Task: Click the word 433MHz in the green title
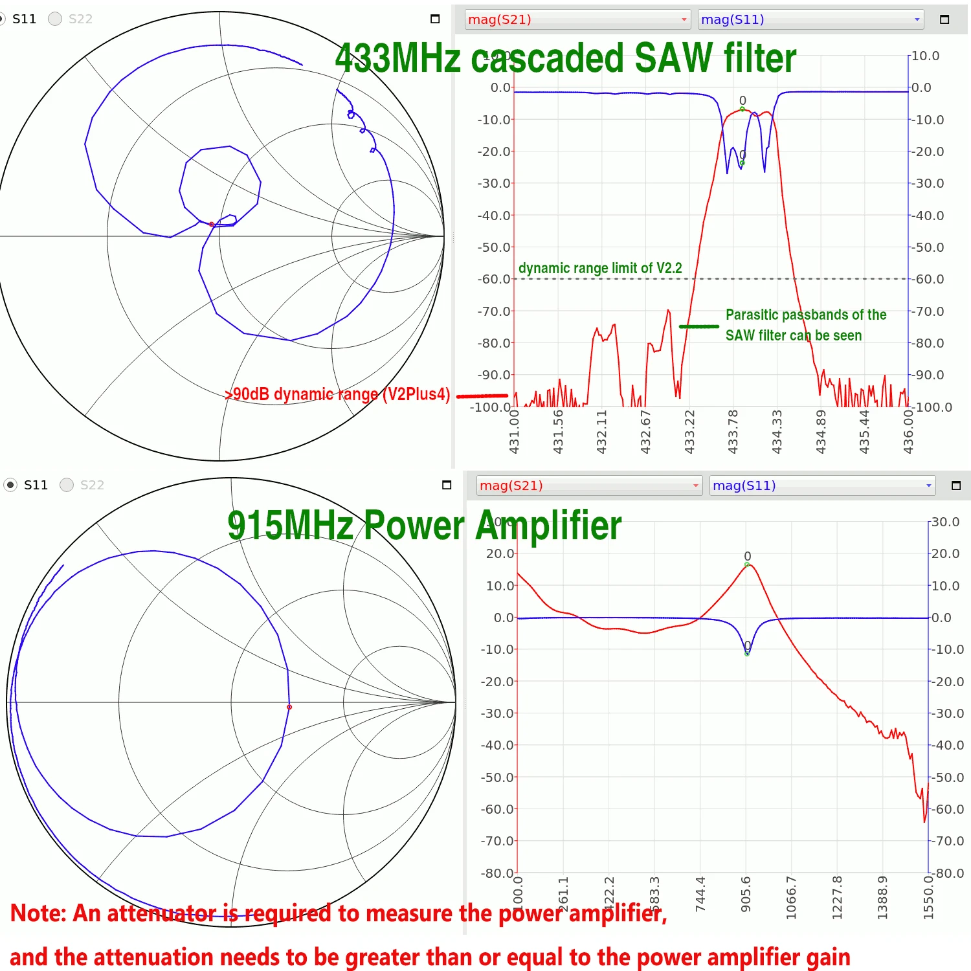click(398, 58)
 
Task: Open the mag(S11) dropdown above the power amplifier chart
click(822, 485)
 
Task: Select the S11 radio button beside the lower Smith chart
click(10, 485)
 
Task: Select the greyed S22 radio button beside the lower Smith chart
click(67, 485)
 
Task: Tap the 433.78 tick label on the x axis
click(733, 431)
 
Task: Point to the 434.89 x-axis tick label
click(821, 431)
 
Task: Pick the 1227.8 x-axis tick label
click(837, 897)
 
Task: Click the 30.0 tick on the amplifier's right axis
click(945, 522)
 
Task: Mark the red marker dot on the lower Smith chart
click(289, 707)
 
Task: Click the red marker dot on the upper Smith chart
click(212, 224)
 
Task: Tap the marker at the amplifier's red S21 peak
click(747, 564)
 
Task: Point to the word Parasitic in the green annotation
click(752, 315)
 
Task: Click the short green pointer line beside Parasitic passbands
click(698, 326)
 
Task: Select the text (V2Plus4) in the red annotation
click(416, 394)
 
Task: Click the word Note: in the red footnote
click(39, 913)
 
